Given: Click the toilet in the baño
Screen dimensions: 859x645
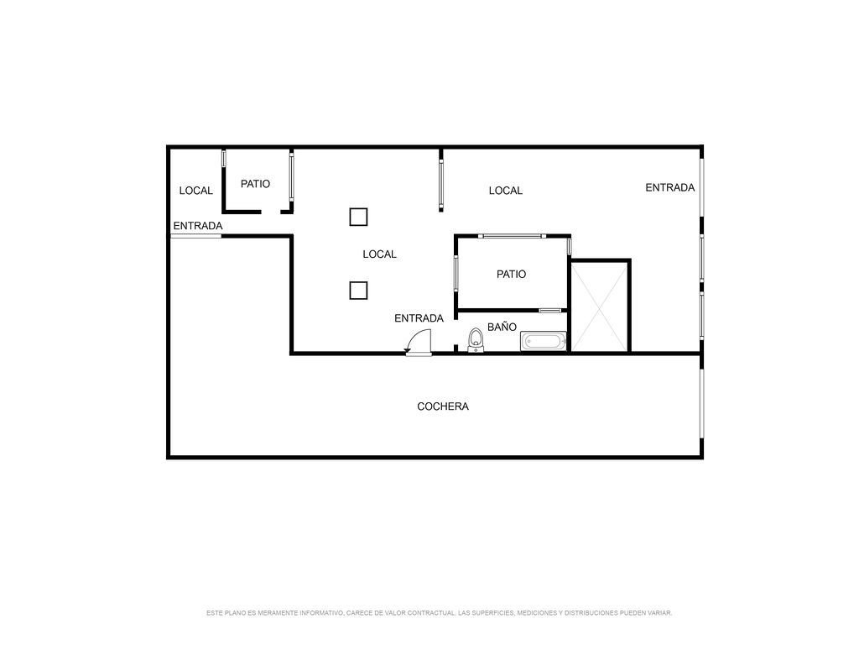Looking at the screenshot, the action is (x=476, y=339).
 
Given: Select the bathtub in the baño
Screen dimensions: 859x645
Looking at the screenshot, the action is (x=543, y=341).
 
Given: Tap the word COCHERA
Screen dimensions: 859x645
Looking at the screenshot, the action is (x=443, y=406).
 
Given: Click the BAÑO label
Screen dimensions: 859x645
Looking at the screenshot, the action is (x=502, y=327).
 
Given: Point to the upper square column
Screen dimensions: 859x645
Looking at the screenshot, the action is (x=358, y=218).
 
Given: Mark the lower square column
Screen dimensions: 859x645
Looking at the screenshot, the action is (x=358, y=290).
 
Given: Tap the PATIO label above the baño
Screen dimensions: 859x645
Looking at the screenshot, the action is (x=511, y=275).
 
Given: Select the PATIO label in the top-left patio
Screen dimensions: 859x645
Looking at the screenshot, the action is (x=255, y=184).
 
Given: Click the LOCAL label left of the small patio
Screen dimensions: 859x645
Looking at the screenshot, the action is (x=195, y=191).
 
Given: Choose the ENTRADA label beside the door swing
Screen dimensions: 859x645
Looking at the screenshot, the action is (x=419, y=318).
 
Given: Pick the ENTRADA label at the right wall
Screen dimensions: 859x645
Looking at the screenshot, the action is (x=669, y=187).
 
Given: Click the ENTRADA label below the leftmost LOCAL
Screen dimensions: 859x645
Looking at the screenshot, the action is (x=198, y=226).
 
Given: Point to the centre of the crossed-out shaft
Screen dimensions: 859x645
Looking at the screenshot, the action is (x=600, y=307).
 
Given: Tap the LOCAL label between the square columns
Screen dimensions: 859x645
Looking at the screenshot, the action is (x=379, y=254).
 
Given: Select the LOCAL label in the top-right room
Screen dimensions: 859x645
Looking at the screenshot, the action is (x=505, y=191).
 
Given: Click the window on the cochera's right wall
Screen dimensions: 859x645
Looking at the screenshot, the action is (x=702, y=403).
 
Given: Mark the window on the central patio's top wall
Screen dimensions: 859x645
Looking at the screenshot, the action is (x=513, y=236).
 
